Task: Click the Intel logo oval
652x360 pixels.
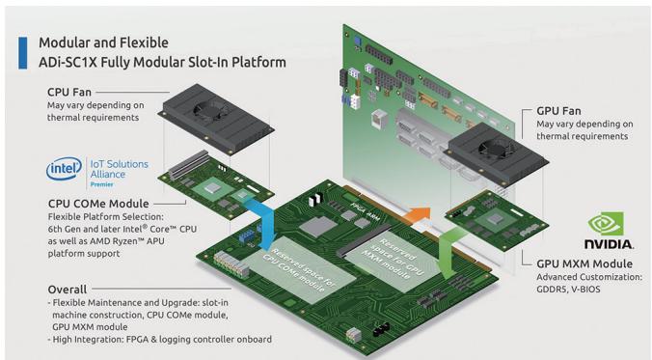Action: coord(64,169)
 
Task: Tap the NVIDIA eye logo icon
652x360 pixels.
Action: coord(606,224)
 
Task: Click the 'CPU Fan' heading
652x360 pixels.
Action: coord(69,92)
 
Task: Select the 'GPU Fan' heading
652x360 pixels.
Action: coord(558,111)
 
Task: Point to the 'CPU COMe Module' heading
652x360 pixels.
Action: coord(98,204)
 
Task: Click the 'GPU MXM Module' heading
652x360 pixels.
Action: coord(584,263)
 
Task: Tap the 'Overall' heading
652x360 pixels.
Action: coord(68,290)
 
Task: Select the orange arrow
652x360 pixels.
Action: coord(417,215)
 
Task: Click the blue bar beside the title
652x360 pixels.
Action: coord(23,53)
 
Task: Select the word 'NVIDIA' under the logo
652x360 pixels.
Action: coord(609,244)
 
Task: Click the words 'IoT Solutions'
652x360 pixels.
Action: coord(120,164)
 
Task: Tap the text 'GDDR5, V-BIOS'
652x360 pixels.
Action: coord(568,290)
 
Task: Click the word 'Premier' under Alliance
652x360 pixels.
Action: coord(102,184)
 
